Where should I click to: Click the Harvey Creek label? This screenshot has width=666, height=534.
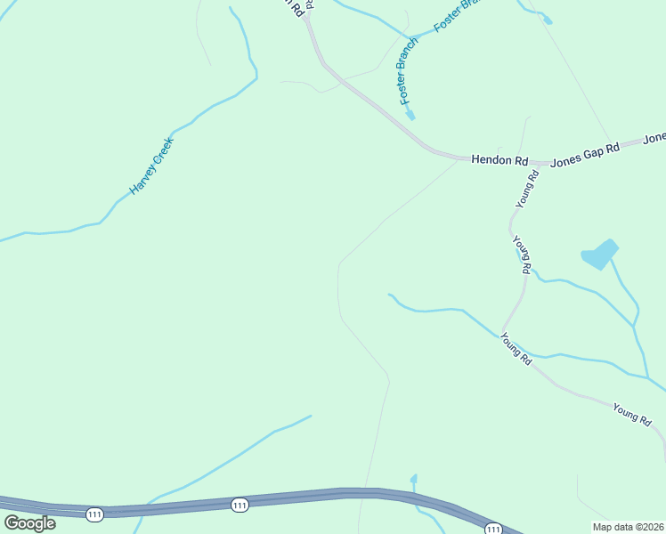pos(151,166)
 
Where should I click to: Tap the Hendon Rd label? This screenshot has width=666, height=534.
pos(499,160)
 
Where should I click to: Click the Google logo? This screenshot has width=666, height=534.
pos(29,523)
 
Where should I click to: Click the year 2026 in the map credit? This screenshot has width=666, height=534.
pos(651,527)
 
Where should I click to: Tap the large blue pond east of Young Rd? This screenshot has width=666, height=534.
pos(599,255)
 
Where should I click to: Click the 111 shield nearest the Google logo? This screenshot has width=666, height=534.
pos(95,514)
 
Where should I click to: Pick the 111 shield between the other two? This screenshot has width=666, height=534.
pos(239,505)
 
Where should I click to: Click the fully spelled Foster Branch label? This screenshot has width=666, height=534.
pos(408,70)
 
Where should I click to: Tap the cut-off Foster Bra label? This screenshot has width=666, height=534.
pos(456,16)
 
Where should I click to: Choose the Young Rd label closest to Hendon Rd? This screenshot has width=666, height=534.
pos(528,190)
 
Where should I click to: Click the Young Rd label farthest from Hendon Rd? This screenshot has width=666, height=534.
pos(632,413)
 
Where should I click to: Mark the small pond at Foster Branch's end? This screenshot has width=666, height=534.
pos(410,115)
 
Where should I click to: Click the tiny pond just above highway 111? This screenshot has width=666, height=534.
pos(413,480)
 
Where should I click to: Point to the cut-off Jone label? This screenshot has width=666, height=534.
pos(654,138)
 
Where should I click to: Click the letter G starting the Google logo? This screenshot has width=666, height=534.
pos(12,523)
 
